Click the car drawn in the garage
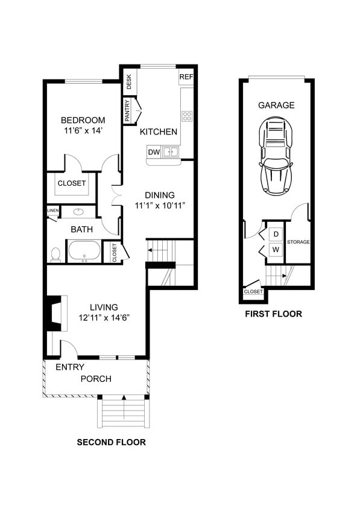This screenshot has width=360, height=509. point(276,156)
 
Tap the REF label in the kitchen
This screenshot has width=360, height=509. point(186,77)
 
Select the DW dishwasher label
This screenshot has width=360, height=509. point(154,152)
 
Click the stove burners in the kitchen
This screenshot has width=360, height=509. point(187,116)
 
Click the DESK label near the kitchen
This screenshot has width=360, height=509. point(128,81)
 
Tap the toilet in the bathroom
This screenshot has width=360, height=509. point(55,254)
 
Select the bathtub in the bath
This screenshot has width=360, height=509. point(84,250)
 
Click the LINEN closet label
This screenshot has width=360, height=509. point(53,210)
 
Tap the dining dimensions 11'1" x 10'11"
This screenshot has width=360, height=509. point(159,205)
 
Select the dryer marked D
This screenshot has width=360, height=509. point(276,233)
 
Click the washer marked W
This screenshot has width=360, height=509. point(276,248)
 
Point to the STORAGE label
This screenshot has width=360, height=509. point(298,242)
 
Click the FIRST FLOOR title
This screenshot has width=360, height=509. point(273,314)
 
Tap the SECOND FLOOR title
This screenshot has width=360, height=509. point(111,442)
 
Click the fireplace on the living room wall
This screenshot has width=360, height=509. point(55,312)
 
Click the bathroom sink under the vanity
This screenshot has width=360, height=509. point(79,212)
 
